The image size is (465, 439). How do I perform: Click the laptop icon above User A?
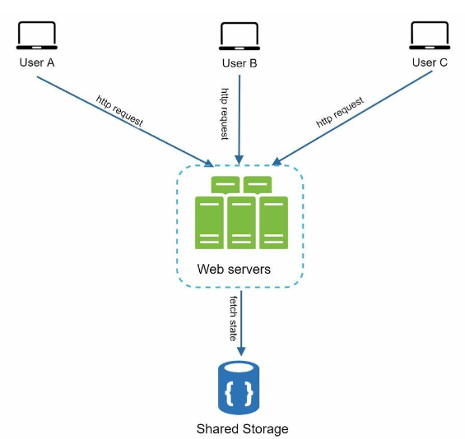[x=37, y=35]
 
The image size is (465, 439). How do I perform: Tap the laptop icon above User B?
[x=239, y=36]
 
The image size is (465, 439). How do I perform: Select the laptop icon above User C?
[x=430, y=35]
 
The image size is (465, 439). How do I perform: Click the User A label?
[x=37, y=62]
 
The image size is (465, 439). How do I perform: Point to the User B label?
[x=239, y=63]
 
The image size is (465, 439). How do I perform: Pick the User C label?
[x=430, y=62]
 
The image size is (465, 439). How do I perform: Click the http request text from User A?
[x=120, y=111]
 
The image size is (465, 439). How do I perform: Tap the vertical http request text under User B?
[x=225, y=114]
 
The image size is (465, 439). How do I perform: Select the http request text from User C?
[x=340, y=112]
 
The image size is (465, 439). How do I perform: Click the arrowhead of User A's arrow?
[x=209, y=164]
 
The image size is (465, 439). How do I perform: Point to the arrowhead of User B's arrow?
[x=239, y=159]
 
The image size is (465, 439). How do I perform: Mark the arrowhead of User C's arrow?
[x=277, y=161]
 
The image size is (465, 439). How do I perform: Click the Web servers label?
[x=234, y=270]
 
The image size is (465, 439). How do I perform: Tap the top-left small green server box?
[x=226, y=185]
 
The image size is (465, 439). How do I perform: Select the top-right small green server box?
[x=258, y=185]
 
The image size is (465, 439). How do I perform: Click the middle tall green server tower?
[x=241, y=223]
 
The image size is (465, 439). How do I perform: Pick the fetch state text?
[x=234, y=318]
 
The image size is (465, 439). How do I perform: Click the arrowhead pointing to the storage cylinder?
[x=241, y=351]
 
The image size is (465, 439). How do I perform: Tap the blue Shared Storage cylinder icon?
[x=239, y=387]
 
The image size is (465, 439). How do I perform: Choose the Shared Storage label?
[x=242, y=429]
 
